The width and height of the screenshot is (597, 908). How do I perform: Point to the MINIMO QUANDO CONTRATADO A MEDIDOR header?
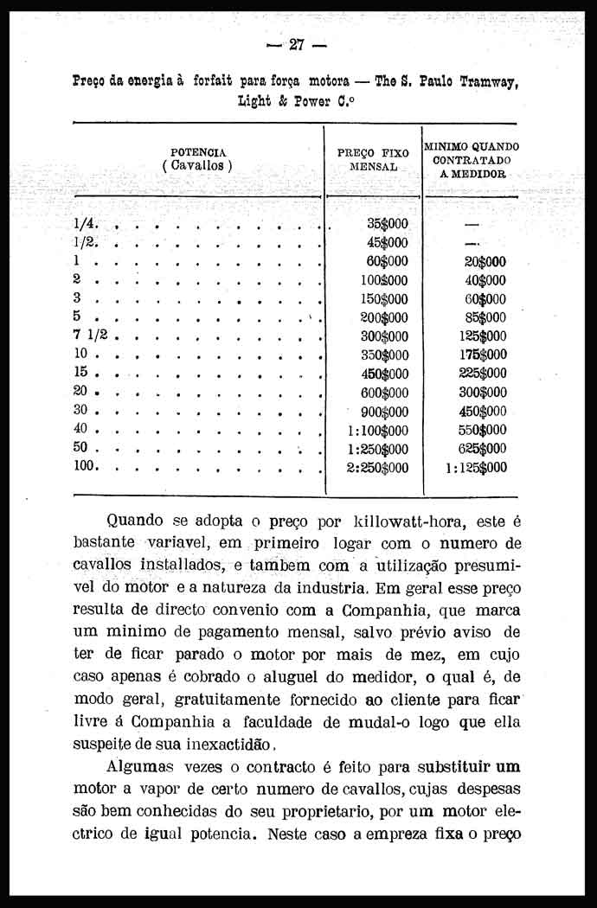(471, 160)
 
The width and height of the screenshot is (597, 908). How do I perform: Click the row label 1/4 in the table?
(85, 223)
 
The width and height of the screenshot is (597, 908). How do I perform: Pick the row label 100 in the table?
(86, 467)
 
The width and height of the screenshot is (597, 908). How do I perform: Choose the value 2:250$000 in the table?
(377, 468)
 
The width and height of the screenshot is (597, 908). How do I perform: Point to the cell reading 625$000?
(482, 449)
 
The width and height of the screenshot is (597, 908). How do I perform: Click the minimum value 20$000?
(485, 261)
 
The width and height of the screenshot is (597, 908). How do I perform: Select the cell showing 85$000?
(485, 317)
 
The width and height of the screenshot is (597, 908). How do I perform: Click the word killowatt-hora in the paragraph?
(408, 521)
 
